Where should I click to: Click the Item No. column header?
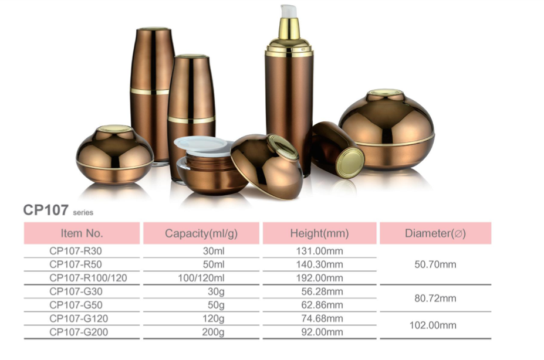(x=82, y=233)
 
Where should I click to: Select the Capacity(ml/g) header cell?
(x=201, y=233)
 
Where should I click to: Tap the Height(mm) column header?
(x=319, y=233)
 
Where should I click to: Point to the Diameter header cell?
(x=435, y=233)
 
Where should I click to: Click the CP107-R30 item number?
(x=76, y=251)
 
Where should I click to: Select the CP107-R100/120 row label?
(x=88, y=278)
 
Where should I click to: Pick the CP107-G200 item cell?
(x=79, y=332)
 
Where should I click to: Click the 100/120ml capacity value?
(x=201, y=278)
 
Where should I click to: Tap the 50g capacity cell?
(x=216, y=305)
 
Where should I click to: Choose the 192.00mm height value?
(x=319, y=278)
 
